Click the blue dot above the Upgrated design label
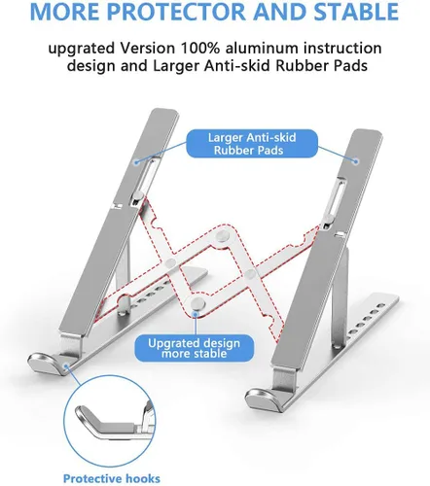click(198, 309)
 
